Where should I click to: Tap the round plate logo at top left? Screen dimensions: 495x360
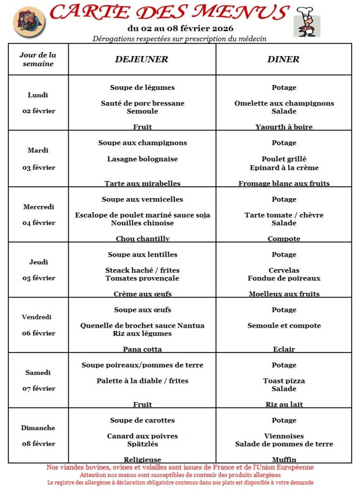coord(29,22)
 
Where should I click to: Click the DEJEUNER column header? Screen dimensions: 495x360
coord(141,59)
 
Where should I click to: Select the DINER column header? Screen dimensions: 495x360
coord(283,59)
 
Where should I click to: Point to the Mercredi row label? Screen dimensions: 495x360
coord(39,207)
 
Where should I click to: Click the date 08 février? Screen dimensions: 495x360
coord(39,443)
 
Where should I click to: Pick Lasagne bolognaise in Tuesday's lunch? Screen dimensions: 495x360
coord(142,159)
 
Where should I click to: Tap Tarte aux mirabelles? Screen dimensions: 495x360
coord(142,183)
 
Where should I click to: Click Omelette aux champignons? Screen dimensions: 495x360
coord(284,103)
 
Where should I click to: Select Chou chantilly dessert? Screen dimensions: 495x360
coord(142,238)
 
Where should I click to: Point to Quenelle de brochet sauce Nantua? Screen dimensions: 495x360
coord(142,326)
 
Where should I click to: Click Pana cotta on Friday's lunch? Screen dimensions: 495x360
coord(142,349)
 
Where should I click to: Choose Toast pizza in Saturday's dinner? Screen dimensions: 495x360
coord(284,381)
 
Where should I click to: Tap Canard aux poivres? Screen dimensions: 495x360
coord(142,436)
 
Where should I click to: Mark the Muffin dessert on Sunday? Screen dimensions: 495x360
coord(284,459)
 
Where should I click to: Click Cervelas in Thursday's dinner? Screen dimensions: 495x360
coord(284,270)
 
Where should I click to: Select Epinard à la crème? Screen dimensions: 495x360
coord(284,168)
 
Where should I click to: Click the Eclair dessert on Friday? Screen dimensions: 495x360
coord(284,349)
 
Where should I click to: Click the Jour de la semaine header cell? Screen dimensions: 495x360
coord(38,59)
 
